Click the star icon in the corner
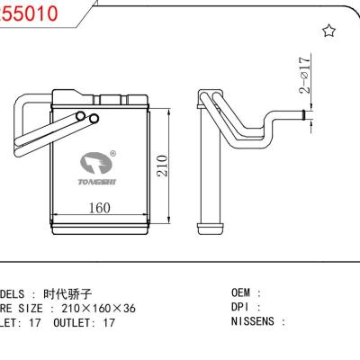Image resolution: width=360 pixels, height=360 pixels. (x=328, y=31)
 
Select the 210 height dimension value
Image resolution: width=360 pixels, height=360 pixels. (x=163, y=166)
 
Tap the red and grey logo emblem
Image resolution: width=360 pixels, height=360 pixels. (x=96, y=164)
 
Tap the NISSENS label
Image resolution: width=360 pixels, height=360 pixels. (x=257, y=321)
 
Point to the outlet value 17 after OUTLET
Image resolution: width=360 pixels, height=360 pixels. (x=108, y=321)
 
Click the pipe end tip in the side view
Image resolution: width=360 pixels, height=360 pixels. (x=305, y=114)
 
